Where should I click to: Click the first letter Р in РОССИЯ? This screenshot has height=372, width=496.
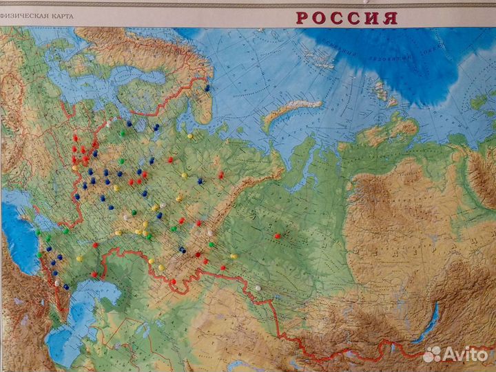pyautogui.click(x=303, y=18)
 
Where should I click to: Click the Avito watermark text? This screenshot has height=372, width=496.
pyautogui.click(x=466, y=354)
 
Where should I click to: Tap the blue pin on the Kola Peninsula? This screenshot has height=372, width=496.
pyautogui.click(x=207, y=87)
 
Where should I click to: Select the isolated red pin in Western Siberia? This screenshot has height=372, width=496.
pyautogui.click(x=277, y=236)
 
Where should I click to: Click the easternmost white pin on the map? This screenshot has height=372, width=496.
pyautogui.click(x=258, y=288)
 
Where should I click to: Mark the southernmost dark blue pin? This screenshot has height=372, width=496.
pyautogui.click(x=66, y=287)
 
